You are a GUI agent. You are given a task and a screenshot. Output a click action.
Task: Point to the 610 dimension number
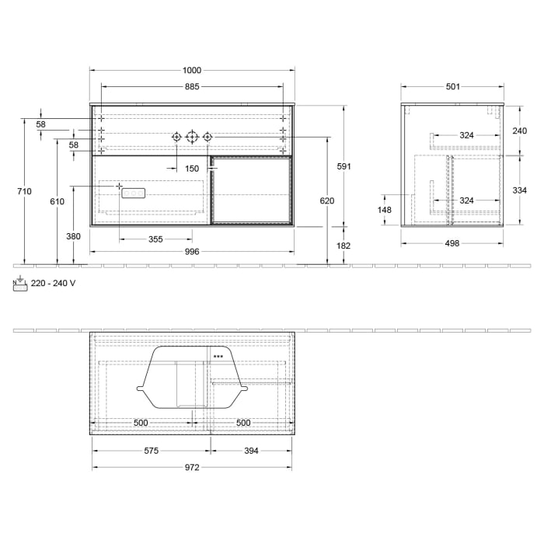coord(57,201)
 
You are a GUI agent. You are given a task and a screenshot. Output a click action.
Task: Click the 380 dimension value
coord(73,236)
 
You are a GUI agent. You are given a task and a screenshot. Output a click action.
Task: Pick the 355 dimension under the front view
coord(155,239)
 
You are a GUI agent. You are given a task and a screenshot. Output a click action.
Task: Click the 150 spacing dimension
coord(192,168)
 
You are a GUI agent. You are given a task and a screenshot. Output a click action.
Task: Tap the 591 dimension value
coord(344,166)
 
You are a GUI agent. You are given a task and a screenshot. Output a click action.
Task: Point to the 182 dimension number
coord(344,246)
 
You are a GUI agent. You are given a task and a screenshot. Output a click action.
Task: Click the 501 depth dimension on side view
coord(452,86)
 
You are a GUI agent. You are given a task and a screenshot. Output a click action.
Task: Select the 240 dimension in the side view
coord(520,131)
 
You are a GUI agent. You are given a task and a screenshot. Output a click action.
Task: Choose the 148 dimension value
coord(385,210)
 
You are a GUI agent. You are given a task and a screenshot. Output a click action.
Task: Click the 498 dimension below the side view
coord(452,243)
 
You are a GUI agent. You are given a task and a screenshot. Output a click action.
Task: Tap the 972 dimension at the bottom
coord(192,467)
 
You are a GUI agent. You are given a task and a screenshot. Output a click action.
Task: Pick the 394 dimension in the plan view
coord(250,450)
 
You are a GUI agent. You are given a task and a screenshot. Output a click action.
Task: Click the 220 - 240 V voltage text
coord(54,283)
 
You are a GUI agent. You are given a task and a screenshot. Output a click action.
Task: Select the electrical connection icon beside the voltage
coord(20,284)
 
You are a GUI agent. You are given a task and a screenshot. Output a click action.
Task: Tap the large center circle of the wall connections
coord(192,137)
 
